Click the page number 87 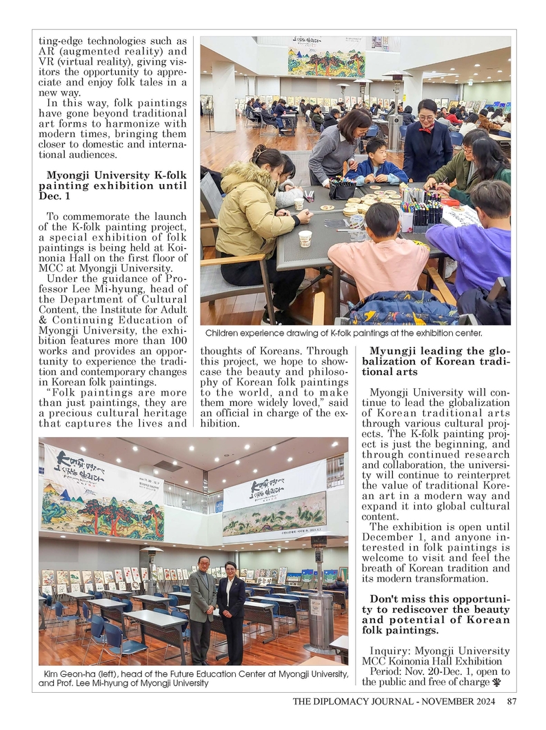pos(511,702)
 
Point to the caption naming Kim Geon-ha pos(193,678)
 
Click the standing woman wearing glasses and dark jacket pos(427,141)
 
